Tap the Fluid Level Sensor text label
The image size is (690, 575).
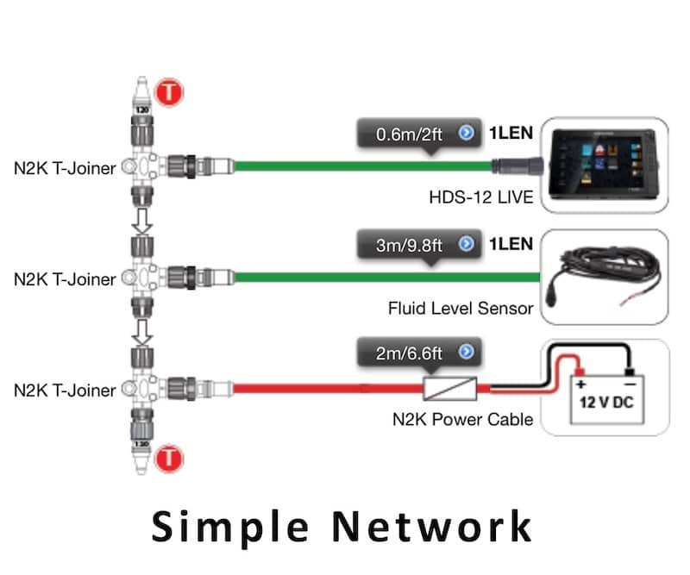[x=461, y=308]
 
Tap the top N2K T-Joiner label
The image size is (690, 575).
[x=65, y=168]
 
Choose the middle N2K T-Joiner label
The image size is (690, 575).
[x=65, y=279]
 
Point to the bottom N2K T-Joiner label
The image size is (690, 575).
[x=65, y=391]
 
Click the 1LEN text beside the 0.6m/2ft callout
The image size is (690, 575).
[x=511, y=134]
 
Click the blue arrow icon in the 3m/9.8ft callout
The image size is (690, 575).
[x=467, y=245]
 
